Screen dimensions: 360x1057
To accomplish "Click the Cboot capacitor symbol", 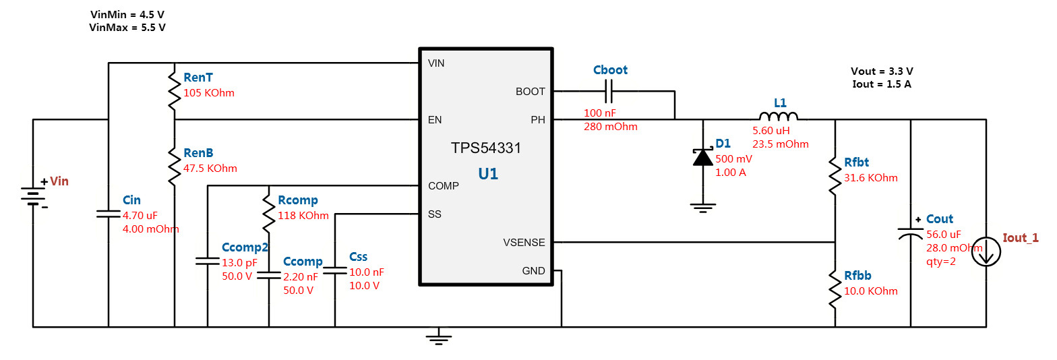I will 610,91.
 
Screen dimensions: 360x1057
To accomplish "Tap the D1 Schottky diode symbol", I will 703,157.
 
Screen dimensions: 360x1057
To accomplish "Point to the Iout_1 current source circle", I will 986,251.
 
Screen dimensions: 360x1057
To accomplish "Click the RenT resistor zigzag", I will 175,92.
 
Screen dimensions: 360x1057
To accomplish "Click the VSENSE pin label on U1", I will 524,242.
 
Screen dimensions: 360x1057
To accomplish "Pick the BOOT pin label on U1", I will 530,91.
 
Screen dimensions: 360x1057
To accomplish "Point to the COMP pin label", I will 443,185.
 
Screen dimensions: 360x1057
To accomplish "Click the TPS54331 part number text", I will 485,148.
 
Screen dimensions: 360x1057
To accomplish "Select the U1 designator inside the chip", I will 488,174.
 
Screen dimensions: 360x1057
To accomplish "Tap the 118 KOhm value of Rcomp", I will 303,216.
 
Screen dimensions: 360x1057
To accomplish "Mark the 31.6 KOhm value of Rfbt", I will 871,178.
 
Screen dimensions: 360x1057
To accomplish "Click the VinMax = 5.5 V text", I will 127,28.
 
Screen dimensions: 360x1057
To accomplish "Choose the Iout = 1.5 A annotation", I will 882,84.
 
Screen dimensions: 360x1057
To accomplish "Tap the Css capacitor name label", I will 358,257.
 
